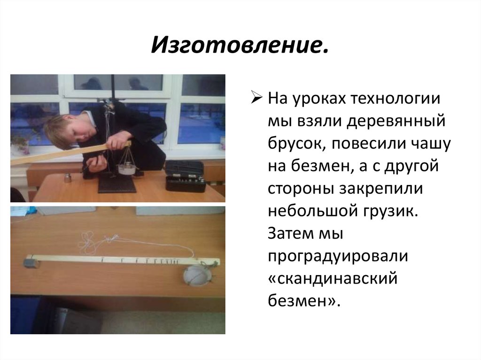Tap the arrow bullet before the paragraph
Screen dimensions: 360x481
[x=256, y=99]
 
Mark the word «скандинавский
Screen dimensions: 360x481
[x=333, y=279]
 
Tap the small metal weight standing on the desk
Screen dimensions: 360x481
[x=67, y=178]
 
